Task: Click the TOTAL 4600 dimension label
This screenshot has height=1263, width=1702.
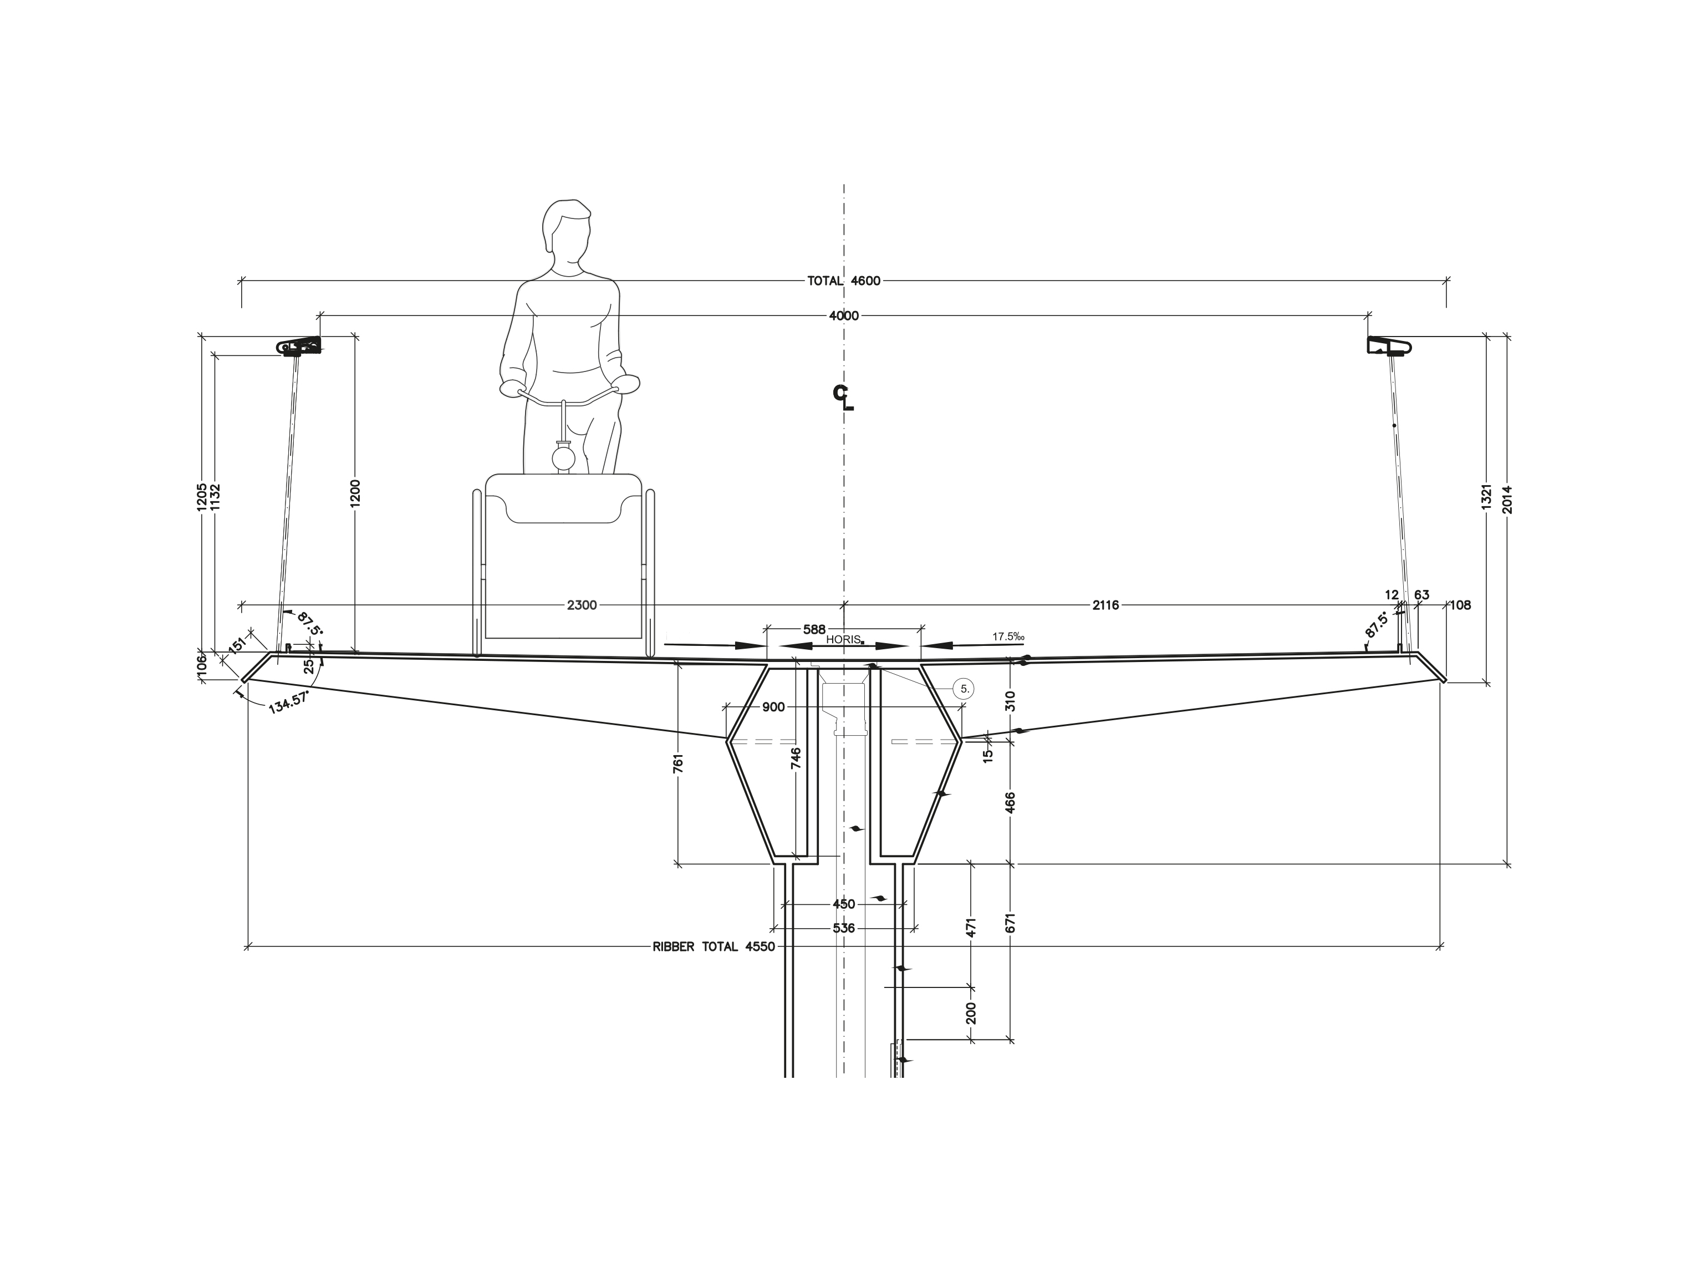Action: click(x=844, y=281)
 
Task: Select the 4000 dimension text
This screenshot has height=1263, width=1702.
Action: click(x=844, y=316)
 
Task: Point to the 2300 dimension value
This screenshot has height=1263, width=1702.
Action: click(x=582, y=605)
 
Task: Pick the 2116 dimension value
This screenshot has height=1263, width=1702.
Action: click(x=1105, y=605)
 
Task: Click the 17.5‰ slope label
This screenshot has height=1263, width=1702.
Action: click(x=1008, y=636)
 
